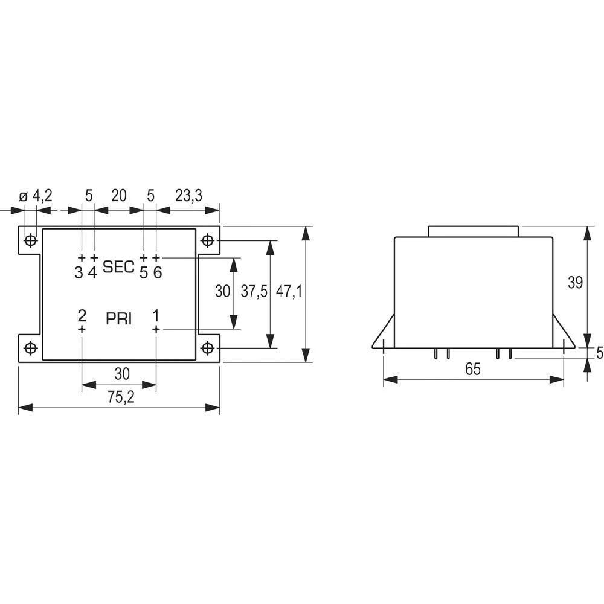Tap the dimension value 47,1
[289, 292]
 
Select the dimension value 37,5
[254, 292]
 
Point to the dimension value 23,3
[188, 195]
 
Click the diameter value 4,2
[42, 195]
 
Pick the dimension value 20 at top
[118, 195]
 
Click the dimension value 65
[473, 370]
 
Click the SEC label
[118, 266]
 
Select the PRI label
[118, 319]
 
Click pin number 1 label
[156, 315]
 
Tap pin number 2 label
[82, 315]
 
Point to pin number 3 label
[79, 272]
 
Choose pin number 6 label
[157, 272]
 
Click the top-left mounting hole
[30, 241]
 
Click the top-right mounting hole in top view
[208, 241]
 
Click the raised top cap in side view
[474, 231]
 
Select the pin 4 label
[92, 272]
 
